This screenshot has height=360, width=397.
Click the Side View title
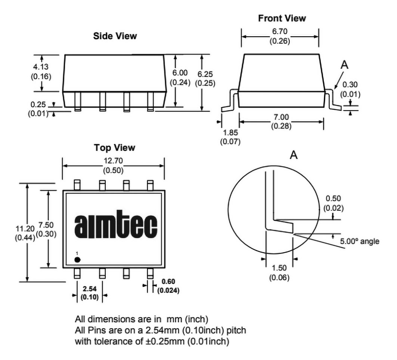115,36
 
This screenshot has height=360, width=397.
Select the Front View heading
282,18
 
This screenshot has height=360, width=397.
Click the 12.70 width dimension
113,161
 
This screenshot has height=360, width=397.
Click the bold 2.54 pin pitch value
89,289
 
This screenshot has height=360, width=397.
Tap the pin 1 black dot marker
77,260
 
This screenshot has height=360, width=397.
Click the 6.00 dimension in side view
180,74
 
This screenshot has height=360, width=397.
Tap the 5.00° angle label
360,241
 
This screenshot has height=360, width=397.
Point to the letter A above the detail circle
294,155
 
